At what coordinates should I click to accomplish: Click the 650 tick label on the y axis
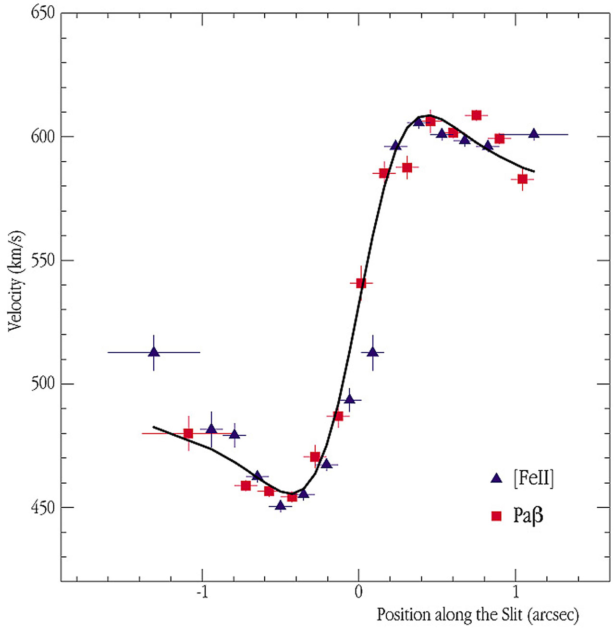(x=43, y=13)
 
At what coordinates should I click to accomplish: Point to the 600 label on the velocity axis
(x=43, y=136)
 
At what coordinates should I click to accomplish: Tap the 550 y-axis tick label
(x=43, y=260)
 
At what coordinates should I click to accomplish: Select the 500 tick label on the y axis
(x=43, y=384)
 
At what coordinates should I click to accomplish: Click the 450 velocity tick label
(x=43, y=507)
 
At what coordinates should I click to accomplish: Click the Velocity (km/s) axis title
(x=15, y=281)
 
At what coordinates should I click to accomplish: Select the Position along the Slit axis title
(x=478, y=615)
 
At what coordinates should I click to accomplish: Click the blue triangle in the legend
(x=496, y=478)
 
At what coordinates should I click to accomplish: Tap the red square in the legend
(x=496, y=516)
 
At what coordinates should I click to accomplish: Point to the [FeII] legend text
(x=533, y=478)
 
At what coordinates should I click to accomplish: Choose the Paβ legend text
(x=528, y=515)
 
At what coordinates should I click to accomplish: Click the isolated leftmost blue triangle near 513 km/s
(x=154, y=352)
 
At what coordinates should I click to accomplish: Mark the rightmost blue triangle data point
(x=534, y=134)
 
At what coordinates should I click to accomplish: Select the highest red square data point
(x=476, y=115)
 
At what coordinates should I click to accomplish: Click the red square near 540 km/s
(x=361, y=283)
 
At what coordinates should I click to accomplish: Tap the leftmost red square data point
(x=188, y=433)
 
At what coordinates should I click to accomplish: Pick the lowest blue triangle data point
(x=281, y=505)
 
